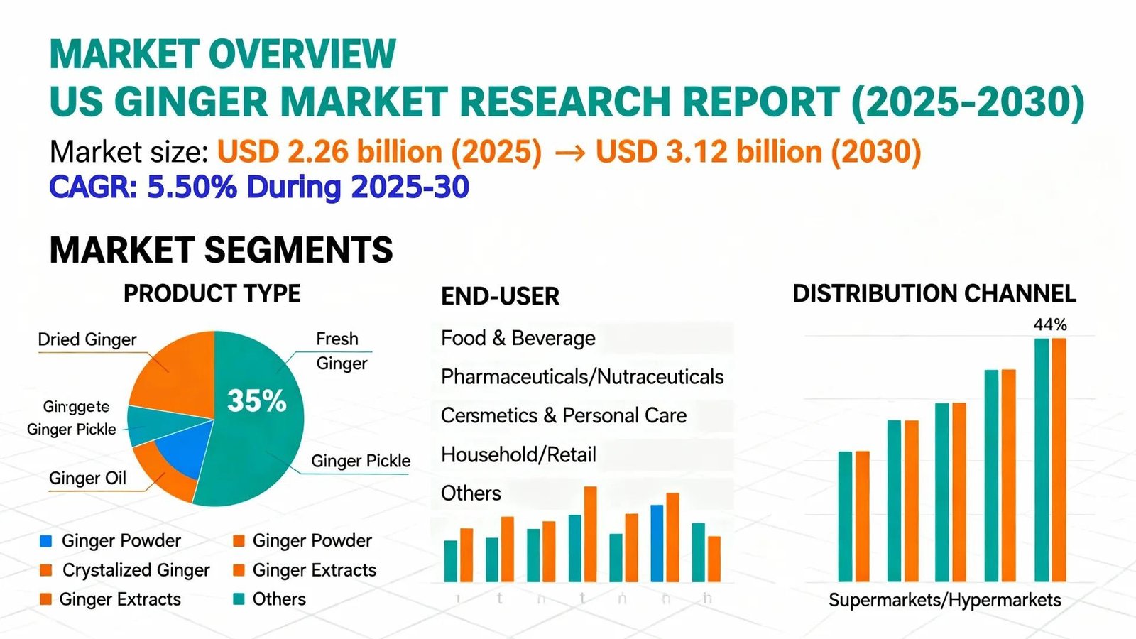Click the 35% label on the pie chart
[x=256, y=401]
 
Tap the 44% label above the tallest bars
[x=1050, y=324]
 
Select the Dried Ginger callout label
[x=87, y=339]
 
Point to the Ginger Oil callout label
[x=87, y=478]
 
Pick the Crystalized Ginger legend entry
[x=136, y=570]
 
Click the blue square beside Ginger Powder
[x=46, y=541]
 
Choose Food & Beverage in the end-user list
[x=518, y=338]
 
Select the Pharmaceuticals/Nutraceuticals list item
[x=582, y=376]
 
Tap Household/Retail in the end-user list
[x=518, y=454]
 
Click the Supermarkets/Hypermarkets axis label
[x=944, y=600]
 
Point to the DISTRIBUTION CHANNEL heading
[x=934, y=294]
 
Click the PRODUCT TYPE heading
[x=212, y=293]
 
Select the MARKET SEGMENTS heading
[x=221, y=250]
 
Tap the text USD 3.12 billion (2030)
[x=758, y=152]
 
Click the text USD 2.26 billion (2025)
[x=379, y=152]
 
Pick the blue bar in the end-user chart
[x=657, y=543]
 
